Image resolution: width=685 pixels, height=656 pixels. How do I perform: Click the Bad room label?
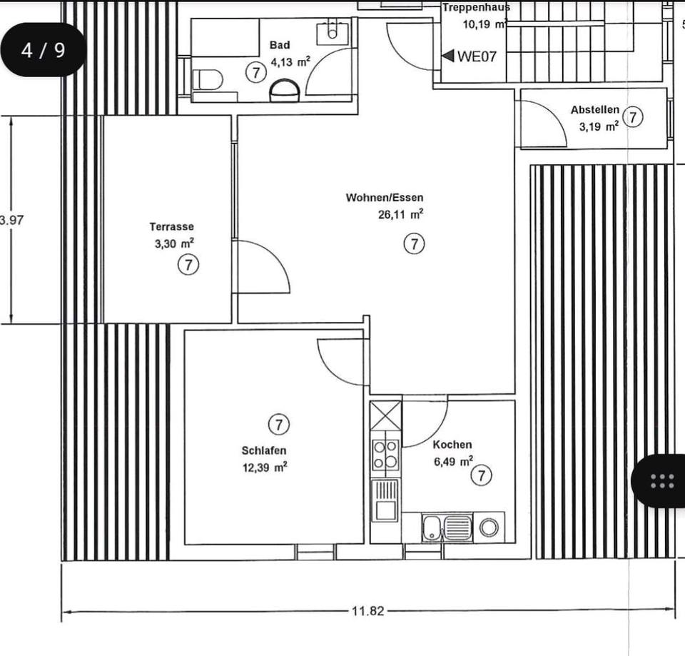(x=280, y=44)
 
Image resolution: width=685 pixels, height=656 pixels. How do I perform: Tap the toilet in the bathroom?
(x=208, y=79)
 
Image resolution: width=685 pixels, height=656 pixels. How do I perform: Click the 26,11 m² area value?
(x=400, y=215)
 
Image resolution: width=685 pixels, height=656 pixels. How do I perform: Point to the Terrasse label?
(x=172, y=226)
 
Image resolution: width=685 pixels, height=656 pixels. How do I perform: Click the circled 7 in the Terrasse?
(x=188, y=265)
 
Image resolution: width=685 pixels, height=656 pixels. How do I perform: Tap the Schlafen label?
(x=264, y=450)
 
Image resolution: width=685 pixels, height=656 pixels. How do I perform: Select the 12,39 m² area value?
(x=265, y=468)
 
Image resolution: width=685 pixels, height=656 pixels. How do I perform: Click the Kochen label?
(x=452, y=445)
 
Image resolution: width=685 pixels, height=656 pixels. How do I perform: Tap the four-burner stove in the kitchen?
(x=385, y=455)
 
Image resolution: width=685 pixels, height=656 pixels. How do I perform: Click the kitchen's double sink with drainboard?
(x=447, y=528)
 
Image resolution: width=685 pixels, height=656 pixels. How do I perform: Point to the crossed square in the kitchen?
(x=386, y=415)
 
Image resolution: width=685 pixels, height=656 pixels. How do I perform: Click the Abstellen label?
(x=595, y=110)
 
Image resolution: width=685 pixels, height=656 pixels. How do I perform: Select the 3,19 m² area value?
(x=599, y=127)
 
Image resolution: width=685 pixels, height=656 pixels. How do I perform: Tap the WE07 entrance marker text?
(x=477, y=56)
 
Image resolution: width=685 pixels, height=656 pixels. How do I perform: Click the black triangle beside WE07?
(x=448, y=56)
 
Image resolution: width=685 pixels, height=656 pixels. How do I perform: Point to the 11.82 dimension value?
(x=368, y=610)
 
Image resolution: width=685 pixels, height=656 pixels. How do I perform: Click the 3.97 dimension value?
(x=11, y=220)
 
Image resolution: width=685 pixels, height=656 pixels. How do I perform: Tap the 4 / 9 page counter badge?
(x=44, y=50)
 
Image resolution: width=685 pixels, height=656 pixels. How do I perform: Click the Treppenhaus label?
(x=476, y=7)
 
